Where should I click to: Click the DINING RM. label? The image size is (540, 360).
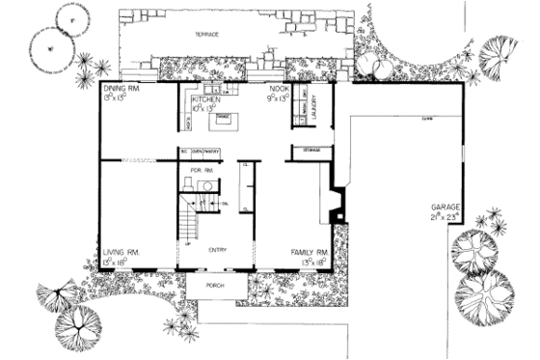(121, 88)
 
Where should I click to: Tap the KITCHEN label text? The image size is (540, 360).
(207, 99)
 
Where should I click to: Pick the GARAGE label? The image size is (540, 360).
(445, 208)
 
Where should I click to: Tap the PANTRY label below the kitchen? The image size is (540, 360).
(214, 151)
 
